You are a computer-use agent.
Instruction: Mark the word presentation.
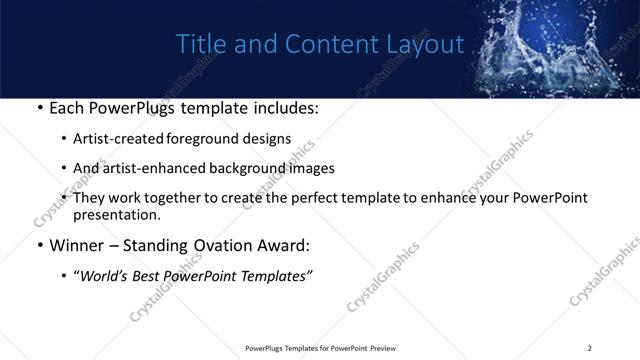116,214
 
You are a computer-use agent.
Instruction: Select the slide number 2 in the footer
589,348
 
